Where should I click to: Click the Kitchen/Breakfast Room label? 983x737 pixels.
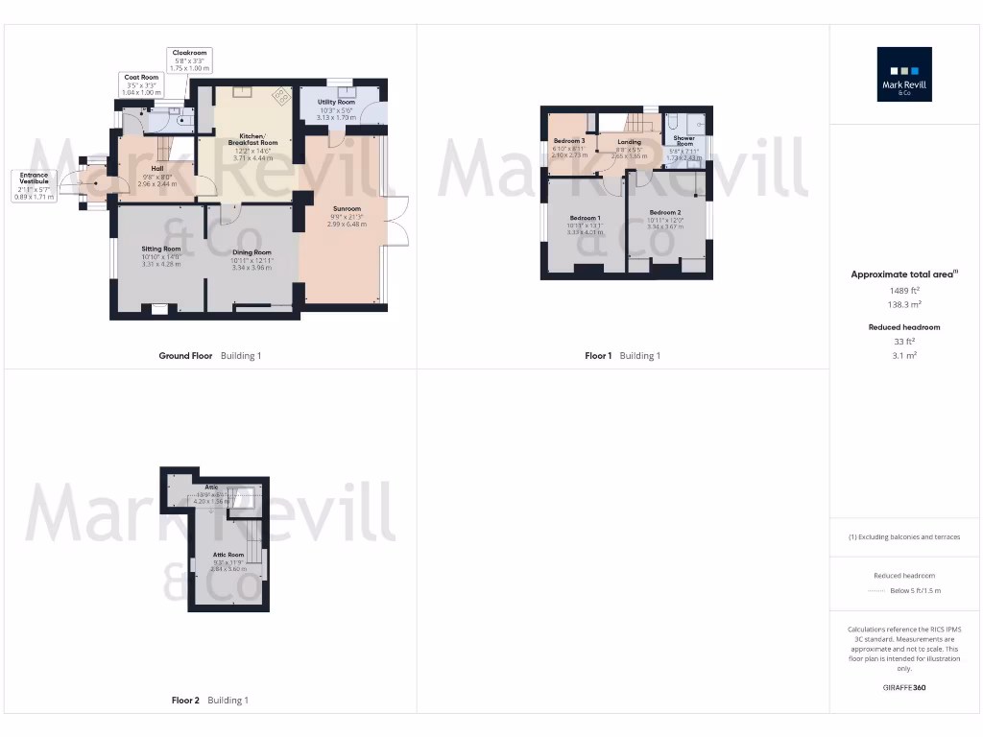coord(252,146)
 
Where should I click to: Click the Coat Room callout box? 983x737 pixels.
coord(141,83)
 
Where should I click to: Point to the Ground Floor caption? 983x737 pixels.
coord(185,356)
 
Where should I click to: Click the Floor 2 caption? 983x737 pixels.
coord(184,701)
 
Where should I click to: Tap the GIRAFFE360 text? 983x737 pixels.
coord(905,687)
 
